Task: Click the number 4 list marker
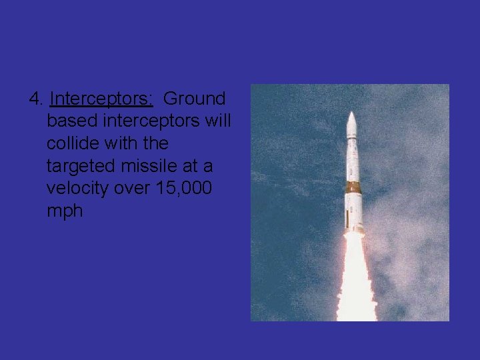pos(36,99)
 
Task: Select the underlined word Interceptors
pos(101,99)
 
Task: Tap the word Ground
pos(195,99)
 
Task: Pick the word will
pos(215,121)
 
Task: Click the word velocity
pos(77,189)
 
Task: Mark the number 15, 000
pos(183,189)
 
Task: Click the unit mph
pos(65,211)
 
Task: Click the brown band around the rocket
pos(353,187)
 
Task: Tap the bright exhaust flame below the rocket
pos(356,280)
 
